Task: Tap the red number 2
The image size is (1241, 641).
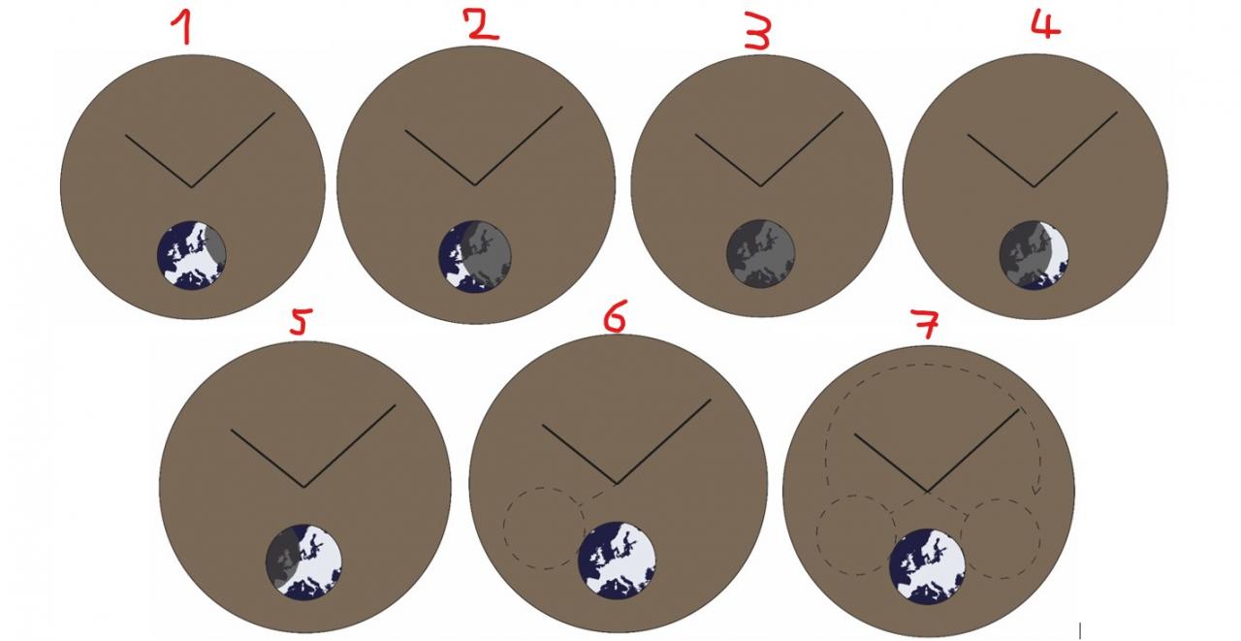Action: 482,24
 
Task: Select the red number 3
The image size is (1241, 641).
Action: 757,32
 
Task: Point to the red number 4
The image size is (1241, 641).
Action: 1045,24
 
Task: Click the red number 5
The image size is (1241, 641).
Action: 301,321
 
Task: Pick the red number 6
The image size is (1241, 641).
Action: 615,316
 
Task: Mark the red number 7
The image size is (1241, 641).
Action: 925,324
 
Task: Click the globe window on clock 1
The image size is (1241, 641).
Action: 192,255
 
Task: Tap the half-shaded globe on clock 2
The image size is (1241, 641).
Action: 475,257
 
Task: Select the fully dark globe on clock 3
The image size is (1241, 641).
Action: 761,253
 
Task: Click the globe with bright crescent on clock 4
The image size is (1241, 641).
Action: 1034,255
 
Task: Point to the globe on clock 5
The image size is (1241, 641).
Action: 303,561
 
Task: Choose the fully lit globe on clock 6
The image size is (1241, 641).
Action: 617,560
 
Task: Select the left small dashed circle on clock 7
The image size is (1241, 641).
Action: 816,535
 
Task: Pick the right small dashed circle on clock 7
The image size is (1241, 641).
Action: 1040,539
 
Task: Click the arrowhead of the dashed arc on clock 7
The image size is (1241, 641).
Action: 1034,491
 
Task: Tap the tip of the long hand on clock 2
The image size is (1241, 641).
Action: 562,107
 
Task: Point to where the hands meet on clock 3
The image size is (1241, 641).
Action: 761,185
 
